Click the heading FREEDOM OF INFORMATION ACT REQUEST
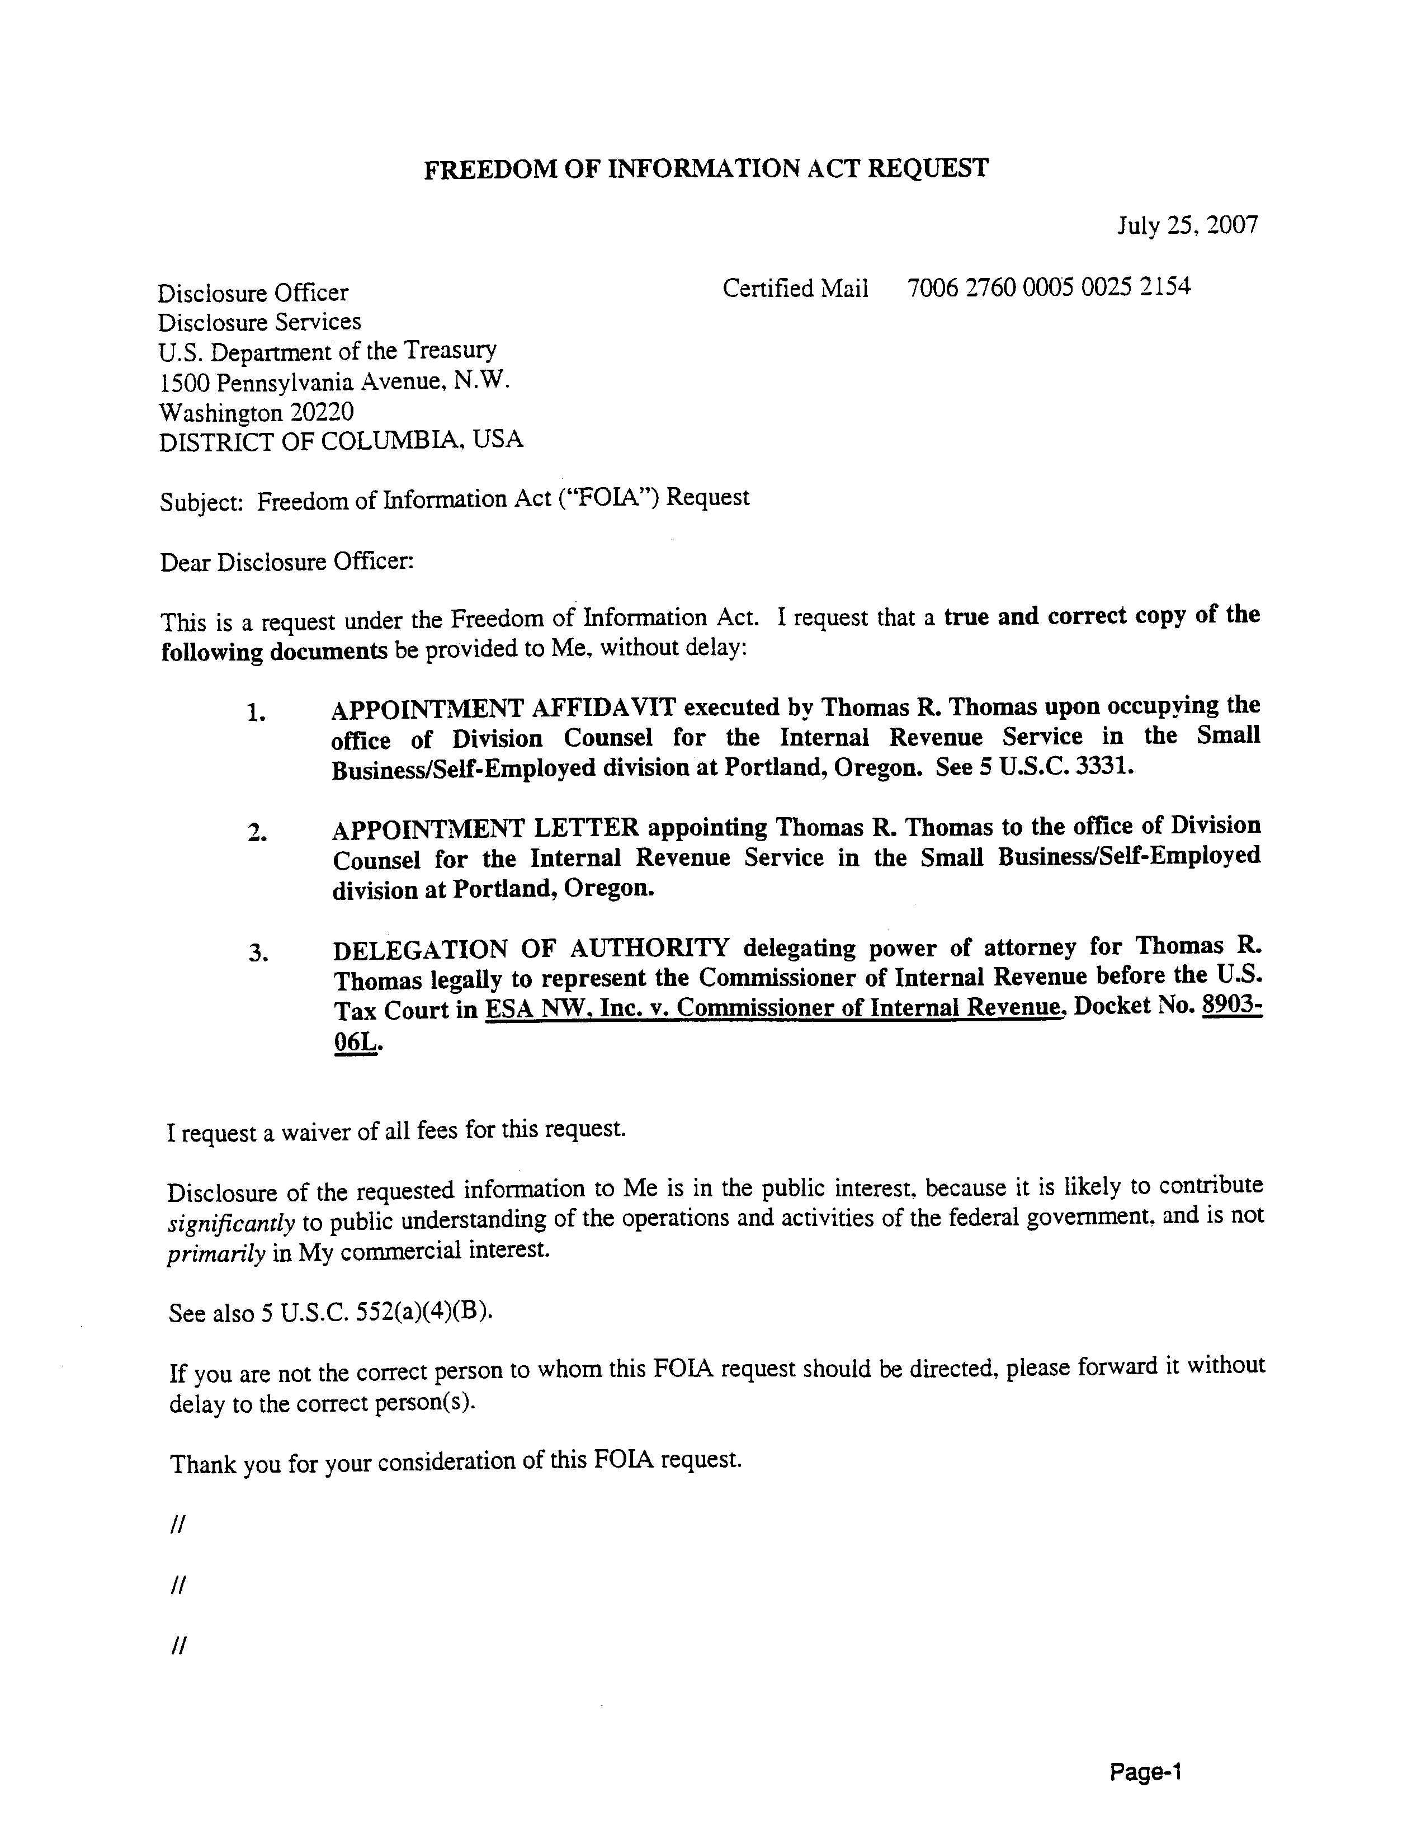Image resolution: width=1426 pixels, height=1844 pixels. point(705,169)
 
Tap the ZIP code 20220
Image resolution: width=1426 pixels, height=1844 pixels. point(322,412)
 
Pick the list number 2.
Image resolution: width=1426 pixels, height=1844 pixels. point(257,834)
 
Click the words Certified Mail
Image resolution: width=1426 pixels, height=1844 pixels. point(795,289)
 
